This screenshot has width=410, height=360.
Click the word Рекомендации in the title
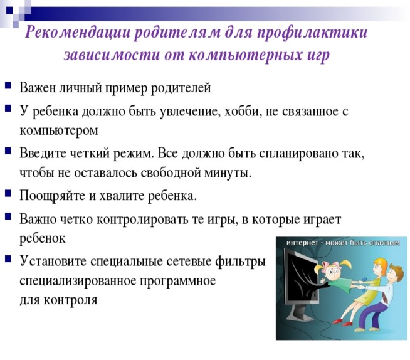click(x=77, y=33)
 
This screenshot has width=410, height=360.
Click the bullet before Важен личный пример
click(x=8, y=85)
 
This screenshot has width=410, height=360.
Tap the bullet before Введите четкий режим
click(x=8, y=151)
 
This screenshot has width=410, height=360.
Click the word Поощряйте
click(x=52, y=196)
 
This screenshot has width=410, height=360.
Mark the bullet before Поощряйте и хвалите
click(x=8, y=193)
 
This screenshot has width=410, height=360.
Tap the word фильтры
click(x=240, y=262)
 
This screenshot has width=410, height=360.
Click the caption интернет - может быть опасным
click(x=343, y=243)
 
